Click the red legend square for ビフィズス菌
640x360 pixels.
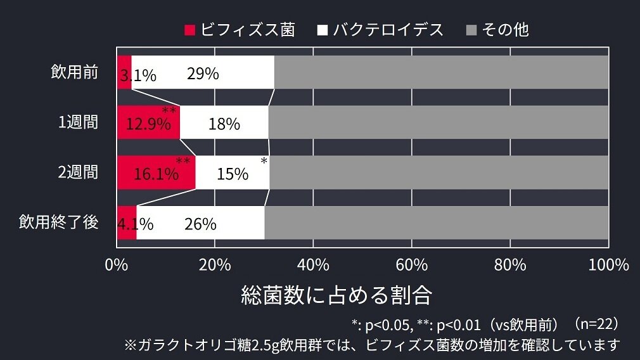click(189, 30)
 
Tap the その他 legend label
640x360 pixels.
click(505, 30)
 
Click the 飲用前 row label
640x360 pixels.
click(75, 72)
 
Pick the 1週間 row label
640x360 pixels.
click(79, 122)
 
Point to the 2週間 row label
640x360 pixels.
click(79, 172)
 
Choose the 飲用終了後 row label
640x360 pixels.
click(59, 222)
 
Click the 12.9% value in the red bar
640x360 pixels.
click(148, 124)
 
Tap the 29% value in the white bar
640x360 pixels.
click(203, 74)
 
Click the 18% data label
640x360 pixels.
click(224, 124)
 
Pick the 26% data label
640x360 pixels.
click(200, 224)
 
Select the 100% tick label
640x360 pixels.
click(608, 264)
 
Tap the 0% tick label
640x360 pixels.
click(117, 264)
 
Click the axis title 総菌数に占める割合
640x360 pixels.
click(336, 295)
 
